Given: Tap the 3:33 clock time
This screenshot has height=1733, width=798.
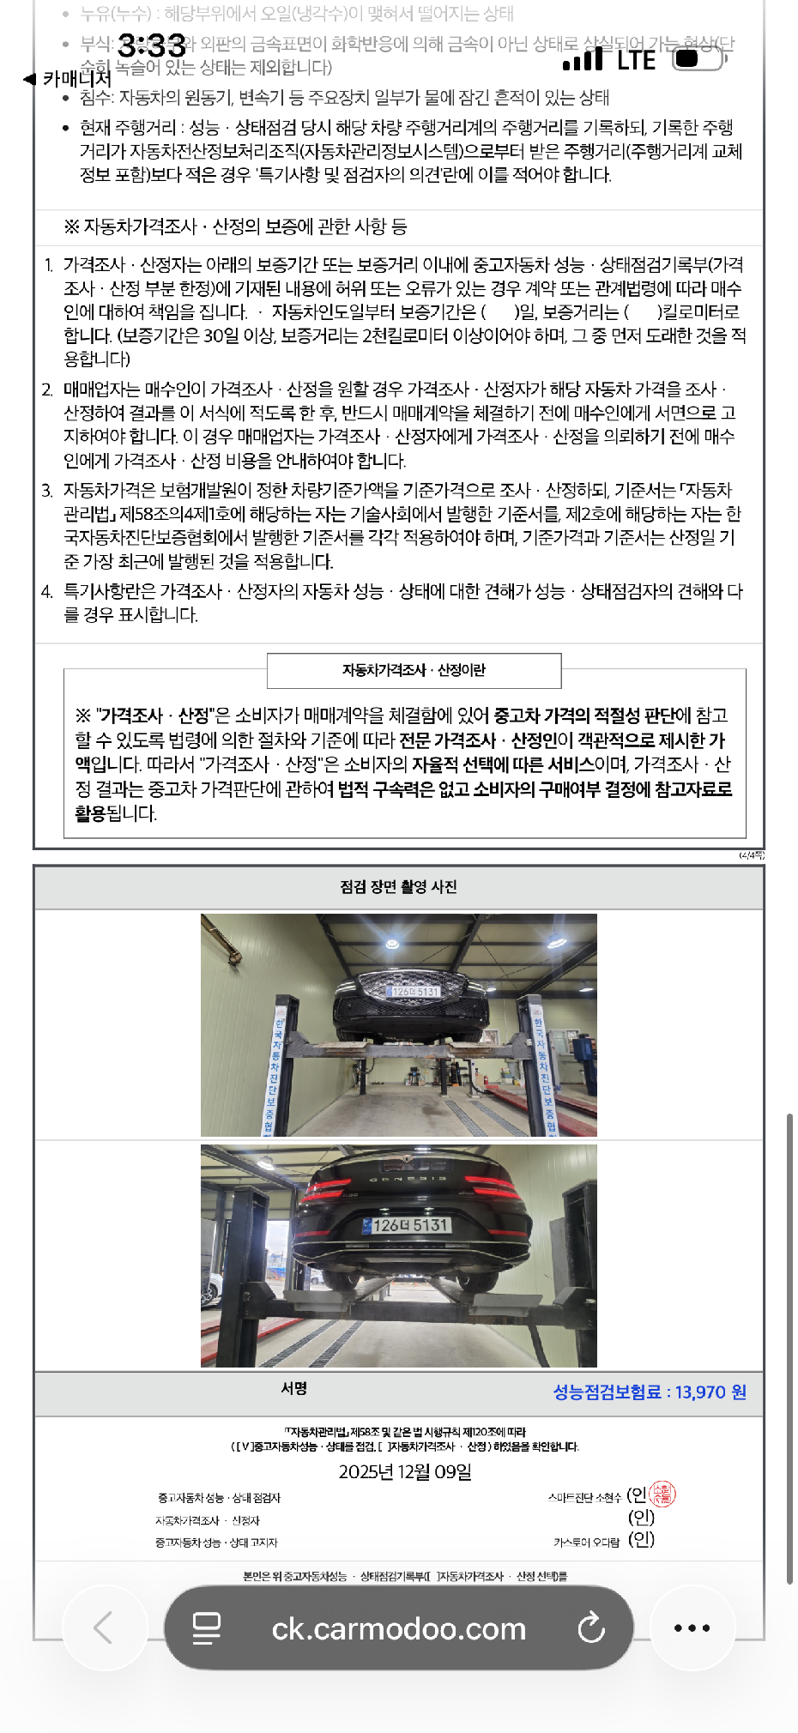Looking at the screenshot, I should tap(151, 45).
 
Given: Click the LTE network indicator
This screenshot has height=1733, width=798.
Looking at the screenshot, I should tap(636, 60).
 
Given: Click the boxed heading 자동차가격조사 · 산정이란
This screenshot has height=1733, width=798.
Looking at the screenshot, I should tap(414, 670).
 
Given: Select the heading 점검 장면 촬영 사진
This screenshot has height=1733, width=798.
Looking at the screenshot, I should tap(398, 886).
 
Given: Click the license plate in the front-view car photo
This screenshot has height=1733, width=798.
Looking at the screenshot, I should tap(414, 992).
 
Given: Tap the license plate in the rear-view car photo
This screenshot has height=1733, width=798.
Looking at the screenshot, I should tap(408, 1225).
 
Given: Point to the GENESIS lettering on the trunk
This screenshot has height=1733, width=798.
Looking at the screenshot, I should tap(408, 1179).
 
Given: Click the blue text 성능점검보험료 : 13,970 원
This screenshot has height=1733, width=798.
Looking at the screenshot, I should tap(649, 1392).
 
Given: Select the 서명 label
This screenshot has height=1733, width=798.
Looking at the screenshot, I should tap(293, 1388).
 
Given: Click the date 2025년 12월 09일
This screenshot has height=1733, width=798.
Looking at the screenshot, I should tap(405, 1472).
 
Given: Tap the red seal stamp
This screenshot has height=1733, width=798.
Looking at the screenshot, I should tap(662, 1494).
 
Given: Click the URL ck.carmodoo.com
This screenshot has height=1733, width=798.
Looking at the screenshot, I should tap(398, 1628).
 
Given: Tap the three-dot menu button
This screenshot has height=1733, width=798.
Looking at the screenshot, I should tap(692, 1627).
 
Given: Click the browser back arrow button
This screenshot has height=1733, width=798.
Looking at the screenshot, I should tap(104, 1627).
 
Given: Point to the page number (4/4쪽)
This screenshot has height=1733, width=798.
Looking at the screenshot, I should tap(751, 855).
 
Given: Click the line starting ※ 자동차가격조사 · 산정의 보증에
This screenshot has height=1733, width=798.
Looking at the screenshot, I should tap(235, 227).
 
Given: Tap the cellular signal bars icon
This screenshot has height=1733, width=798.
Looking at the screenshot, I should tap(583, 59).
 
